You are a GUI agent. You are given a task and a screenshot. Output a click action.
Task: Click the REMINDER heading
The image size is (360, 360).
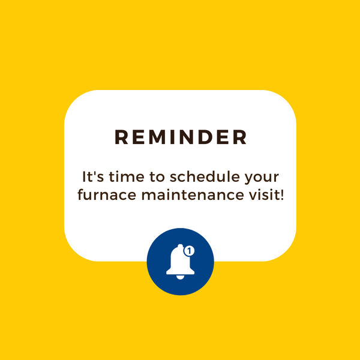(x=181, y=137)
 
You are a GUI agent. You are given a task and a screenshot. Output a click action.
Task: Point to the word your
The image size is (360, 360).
(x=262, y=179)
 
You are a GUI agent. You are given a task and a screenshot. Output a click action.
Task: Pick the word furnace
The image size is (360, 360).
(x=107, y=194)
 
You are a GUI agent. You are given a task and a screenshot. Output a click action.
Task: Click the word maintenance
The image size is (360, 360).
(x=193, y=194)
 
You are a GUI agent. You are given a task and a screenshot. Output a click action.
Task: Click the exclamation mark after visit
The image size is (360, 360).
(x=282, y=194)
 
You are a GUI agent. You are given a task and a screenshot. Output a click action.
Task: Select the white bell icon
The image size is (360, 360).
(x=180, y=262)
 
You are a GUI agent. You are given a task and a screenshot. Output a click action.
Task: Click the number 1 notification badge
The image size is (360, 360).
(x=189, y=251)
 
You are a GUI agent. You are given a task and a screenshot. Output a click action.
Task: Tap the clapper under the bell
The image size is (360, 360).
(x=180, y=277)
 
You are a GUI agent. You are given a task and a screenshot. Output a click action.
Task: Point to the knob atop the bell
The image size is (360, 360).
(x=180, y=246)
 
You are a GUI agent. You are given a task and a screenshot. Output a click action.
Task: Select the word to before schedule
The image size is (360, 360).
(x=157, y=177)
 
